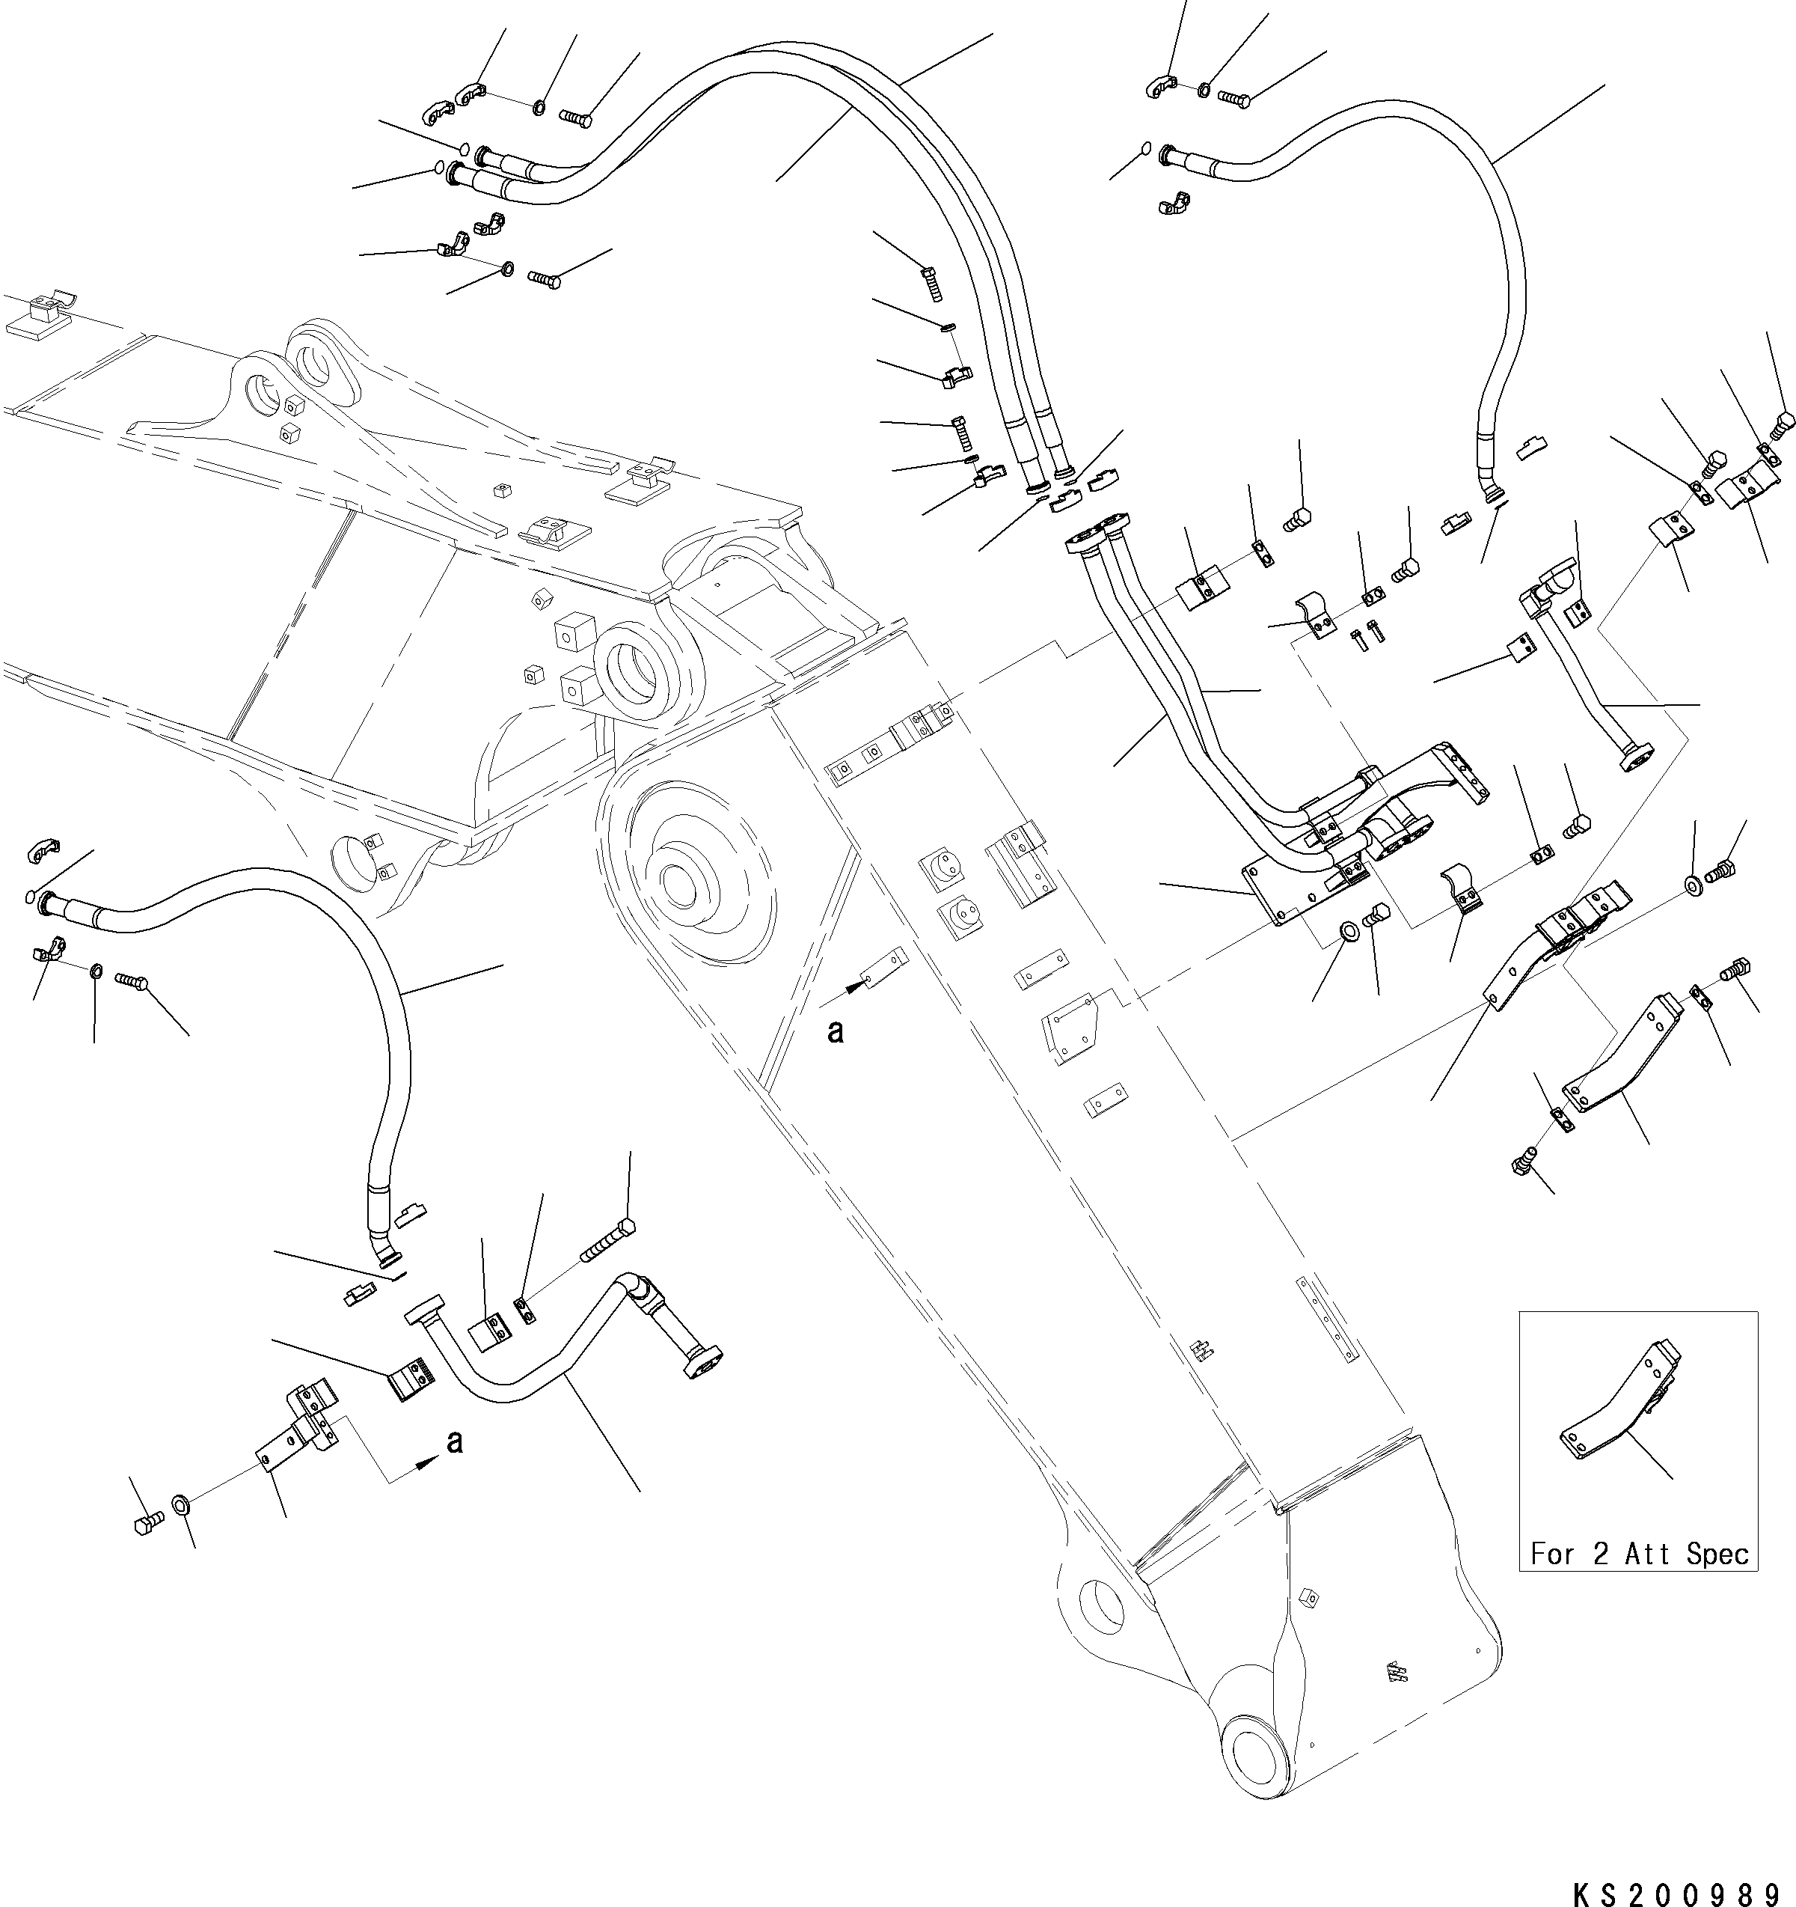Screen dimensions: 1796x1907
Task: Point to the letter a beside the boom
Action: (x=836, y=1032)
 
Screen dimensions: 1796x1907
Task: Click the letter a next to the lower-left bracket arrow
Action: (x=456, y=1441)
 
